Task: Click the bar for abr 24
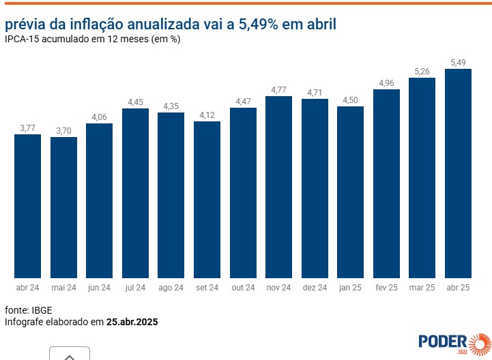(27, 206)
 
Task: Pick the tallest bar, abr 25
(458, 173)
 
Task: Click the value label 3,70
(63, 131)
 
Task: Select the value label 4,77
(278, 90)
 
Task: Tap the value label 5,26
(422, 72)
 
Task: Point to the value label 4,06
(99, 117)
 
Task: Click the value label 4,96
(386, 83)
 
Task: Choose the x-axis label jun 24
(99, 288)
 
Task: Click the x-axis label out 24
(243, 288)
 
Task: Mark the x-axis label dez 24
(315, 288)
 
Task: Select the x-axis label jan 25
(350, 288)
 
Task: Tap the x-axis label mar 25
(422, 288)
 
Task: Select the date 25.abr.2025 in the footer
(132, 321)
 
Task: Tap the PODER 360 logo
(454, 343)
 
